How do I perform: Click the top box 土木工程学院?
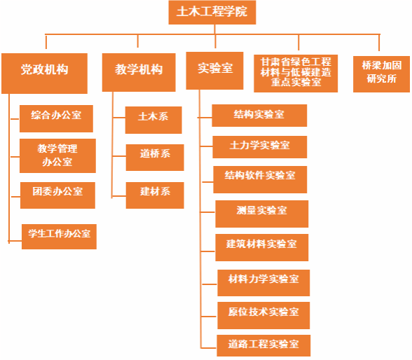point(212,13)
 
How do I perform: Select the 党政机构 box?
point(44,74)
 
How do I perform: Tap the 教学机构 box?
point(139,72)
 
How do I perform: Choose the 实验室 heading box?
point(214,71)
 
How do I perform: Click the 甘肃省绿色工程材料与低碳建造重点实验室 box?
point(296,74)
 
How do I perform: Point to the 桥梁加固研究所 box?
point(381,74)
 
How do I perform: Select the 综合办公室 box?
point(56,118)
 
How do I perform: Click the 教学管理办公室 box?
point(57,155)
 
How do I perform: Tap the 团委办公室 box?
point(57,195)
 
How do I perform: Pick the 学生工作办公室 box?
point(59,237)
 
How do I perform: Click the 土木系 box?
point(153,120)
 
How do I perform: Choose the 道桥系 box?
point(155,158)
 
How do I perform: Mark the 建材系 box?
point(155,195)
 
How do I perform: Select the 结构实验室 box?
point(259,116)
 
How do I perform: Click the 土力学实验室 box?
point(259,147)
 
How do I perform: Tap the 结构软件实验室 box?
point(260,179)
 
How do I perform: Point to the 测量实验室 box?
point(262,214)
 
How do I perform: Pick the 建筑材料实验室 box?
point(262,248)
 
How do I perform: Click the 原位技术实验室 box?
point(263,315)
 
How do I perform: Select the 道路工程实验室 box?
point(263,345)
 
